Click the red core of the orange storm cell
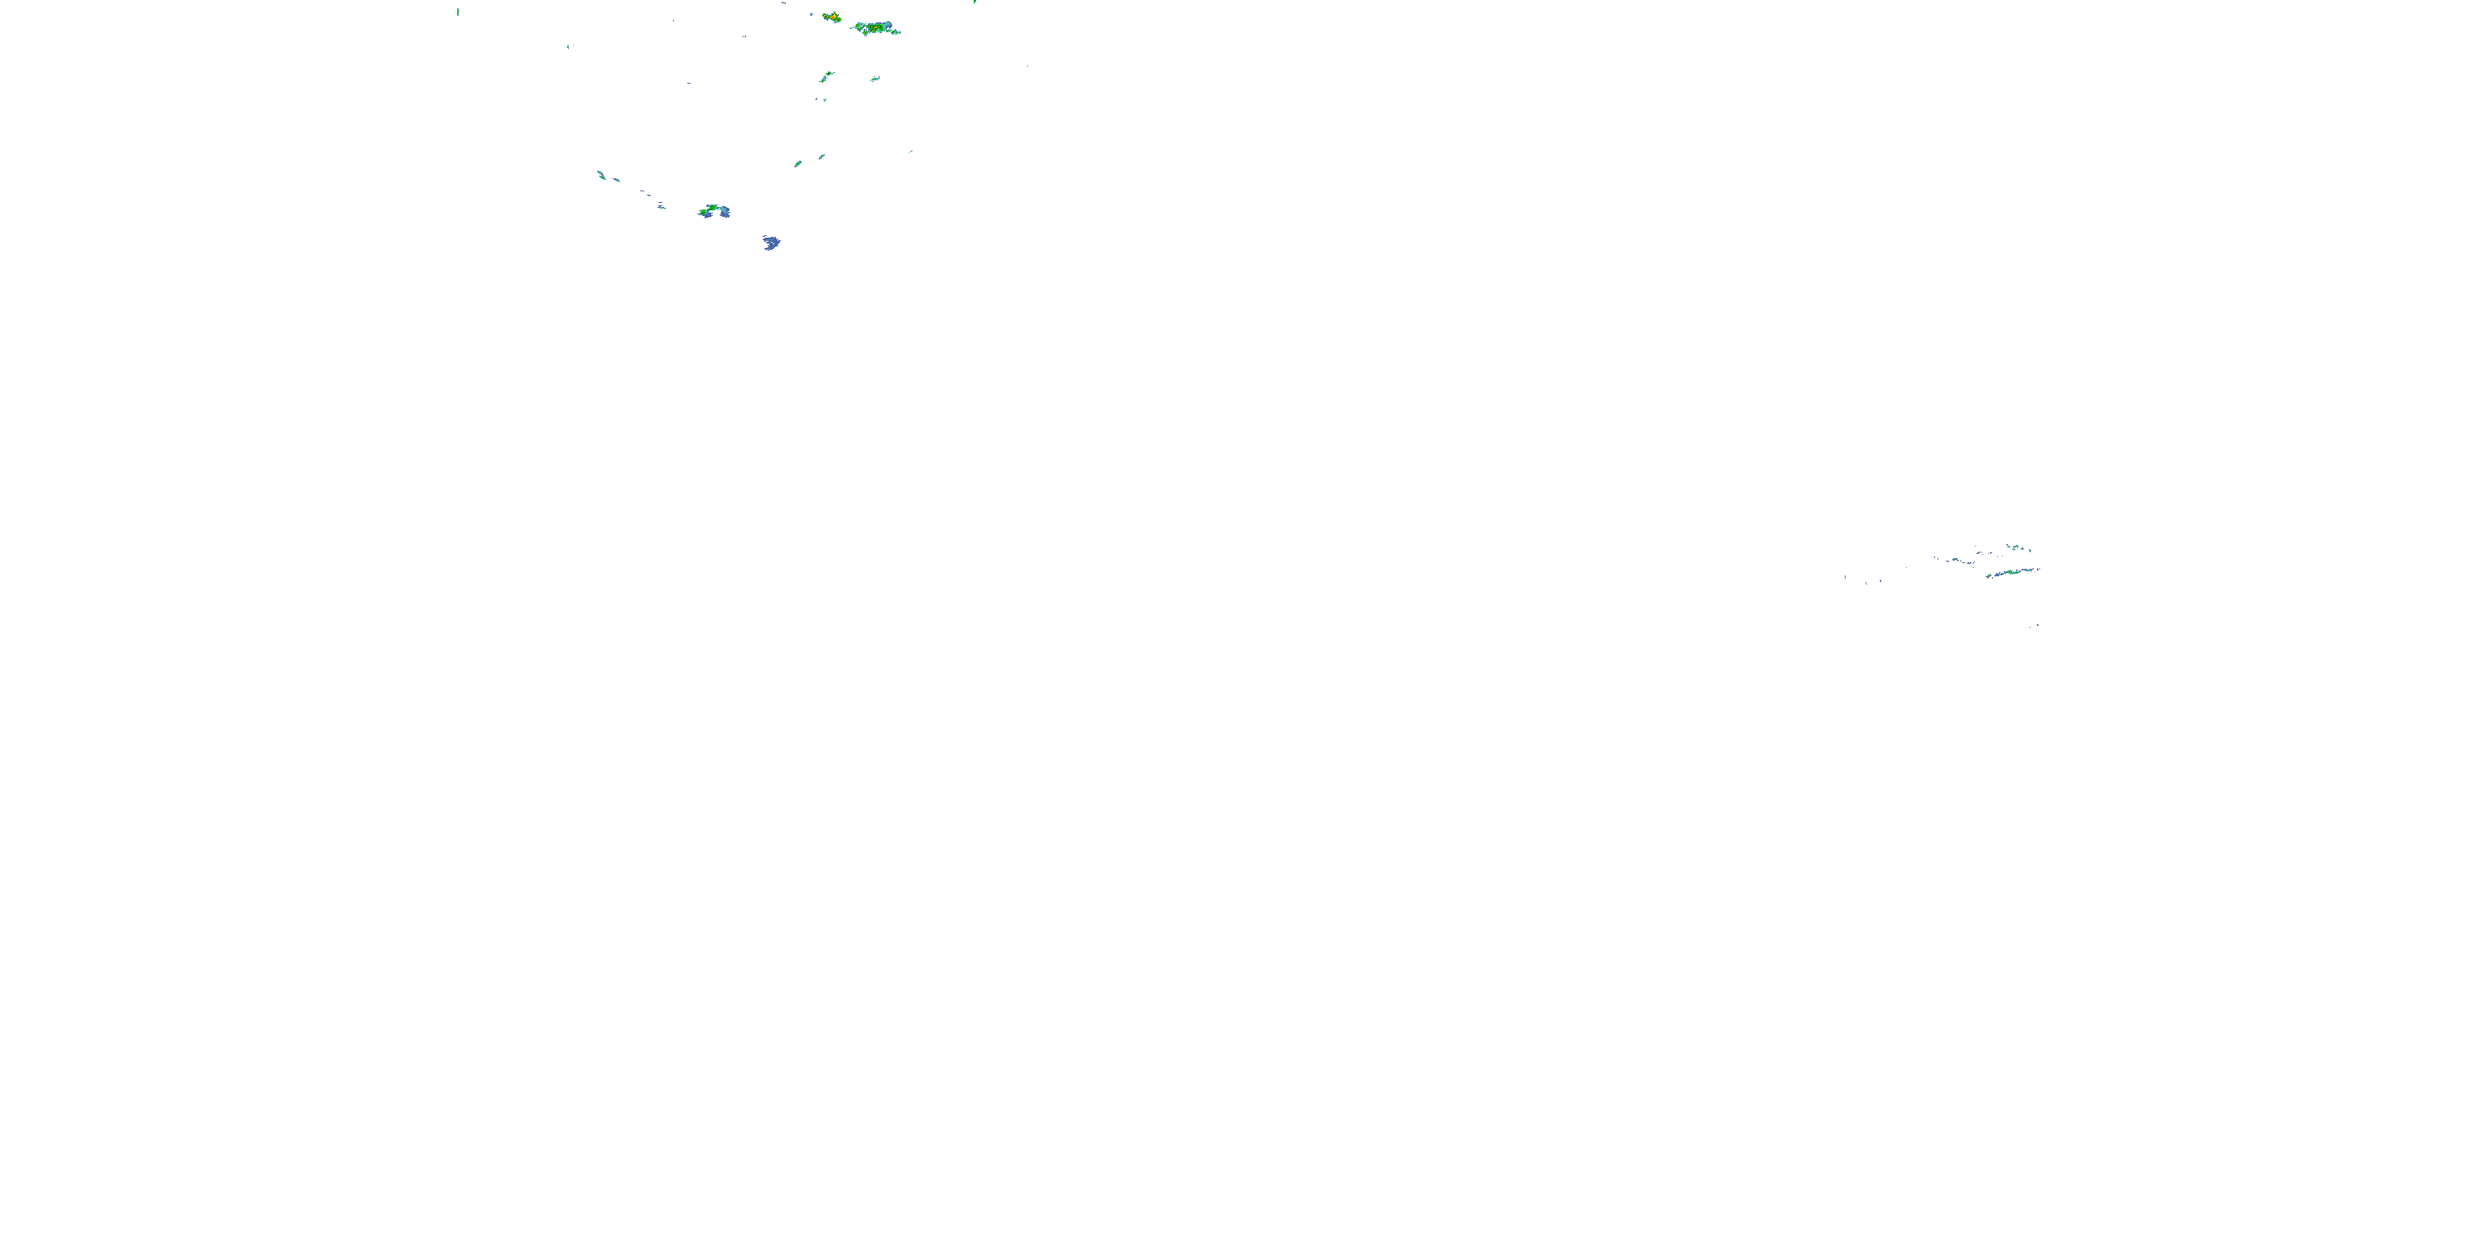coord(831,17)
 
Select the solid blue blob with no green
coord(772,242)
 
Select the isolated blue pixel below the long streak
coord(2037,626)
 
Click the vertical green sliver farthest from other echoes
coord(458,12)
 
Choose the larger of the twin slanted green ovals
coord(797,164)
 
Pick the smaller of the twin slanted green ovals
coord(821,156)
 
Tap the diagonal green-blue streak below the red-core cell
coord(826,76)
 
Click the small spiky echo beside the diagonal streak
coord(874,78)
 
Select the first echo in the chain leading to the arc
coord(601,175)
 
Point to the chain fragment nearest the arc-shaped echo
coord(662,205)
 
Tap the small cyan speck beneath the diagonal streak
coord(825,99)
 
